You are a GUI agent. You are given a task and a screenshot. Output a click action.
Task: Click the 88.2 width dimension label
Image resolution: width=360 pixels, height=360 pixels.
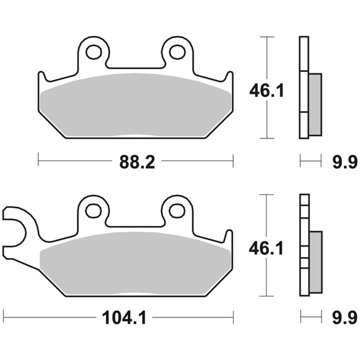click(137, 162)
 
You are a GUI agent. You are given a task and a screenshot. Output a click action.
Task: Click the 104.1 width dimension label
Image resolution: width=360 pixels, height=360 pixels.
click(124, 318)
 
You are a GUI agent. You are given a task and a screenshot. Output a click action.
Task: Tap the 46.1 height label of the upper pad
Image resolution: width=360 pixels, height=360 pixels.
click(267, 90)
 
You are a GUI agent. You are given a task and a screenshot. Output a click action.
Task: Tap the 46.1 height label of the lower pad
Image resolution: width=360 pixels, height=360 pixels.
click(266, 248)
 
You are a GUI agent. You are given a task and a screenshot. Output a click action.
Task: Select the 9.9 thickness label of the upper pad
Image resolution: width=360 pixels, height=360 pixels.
click(345, 162)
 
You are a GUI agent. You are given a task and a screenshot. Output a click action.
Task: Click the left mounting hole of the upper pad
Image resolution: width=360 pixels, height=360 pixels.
click(93, 52)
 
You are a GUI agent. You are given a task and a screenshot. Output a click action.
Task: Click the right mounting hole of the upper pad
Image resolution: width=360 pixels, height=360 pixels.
click(177, 52)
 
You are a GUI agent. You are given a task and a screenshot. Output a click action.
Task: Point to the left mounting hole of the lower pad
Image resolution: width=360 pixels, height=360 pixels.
click(93, 210)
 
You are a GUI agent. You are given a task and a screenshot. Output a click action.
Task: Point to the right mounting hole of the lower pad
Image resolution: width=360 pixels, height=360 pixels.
click(177, 210)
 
